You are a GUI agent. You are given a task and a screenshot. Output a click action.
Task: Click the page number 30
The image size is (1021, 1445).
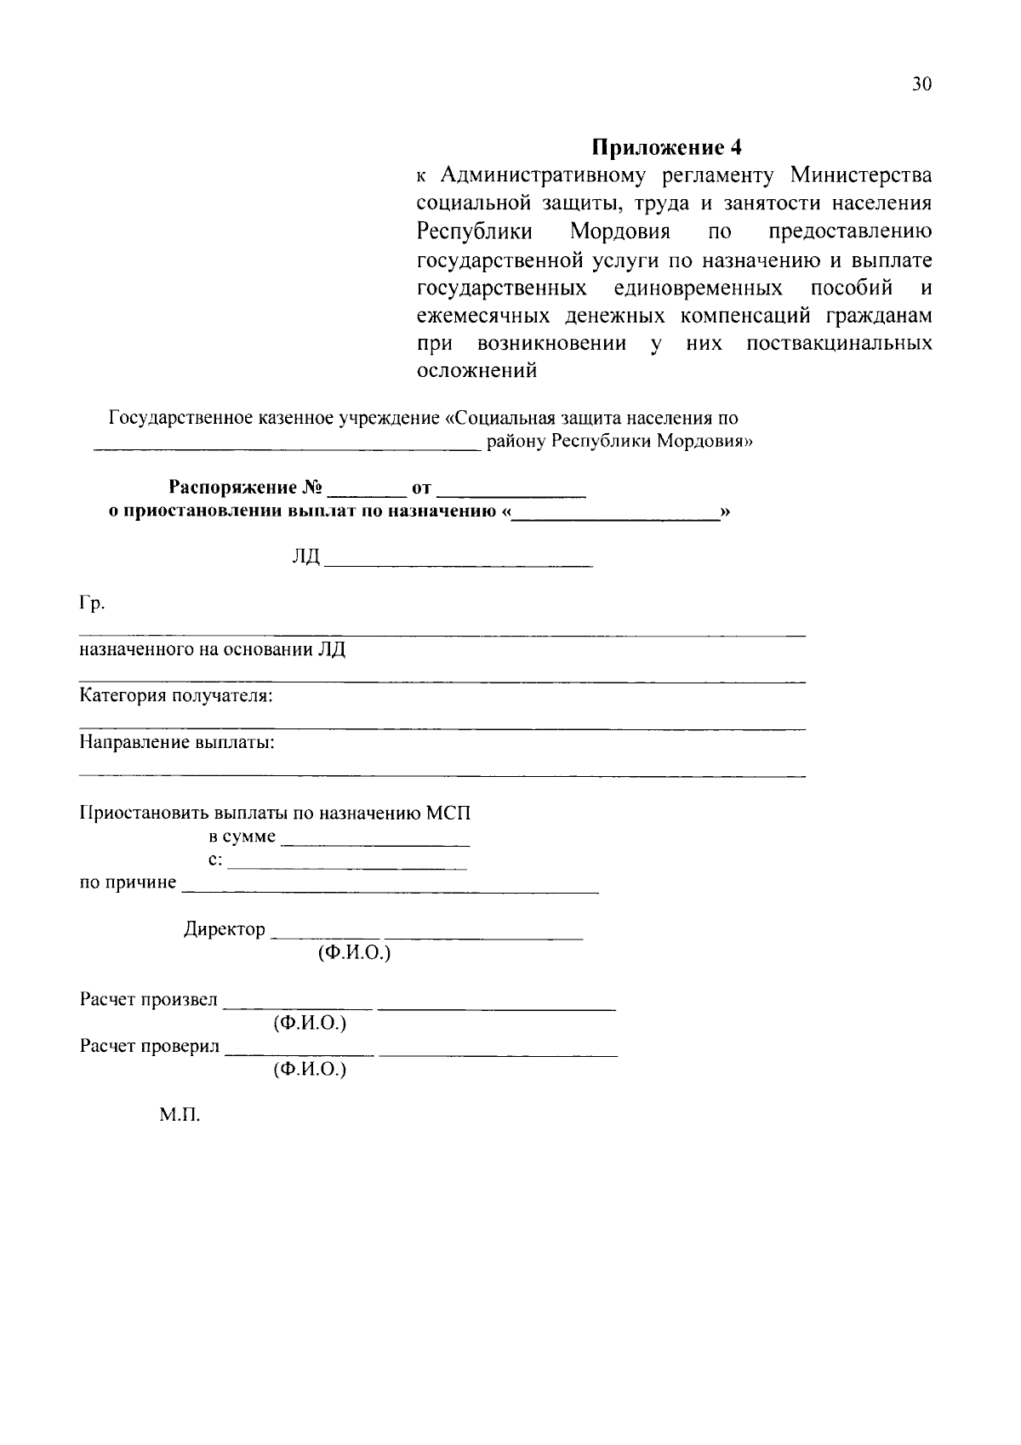pyautogui.click(x=921, y=84)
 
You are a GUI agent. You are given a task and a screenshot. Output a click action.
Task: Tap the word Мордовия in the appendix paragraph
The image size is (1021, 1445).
pyautogui.click(x=620, y=231)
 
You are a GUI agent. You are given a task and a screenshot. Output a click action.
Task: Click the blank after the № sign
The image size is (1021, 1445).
pyautogui.click(x=367, y=491)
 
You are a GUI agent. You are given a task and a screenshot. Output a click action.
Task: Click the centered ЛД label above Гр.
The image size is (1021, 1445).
pyautogui.click(x=305, y=557)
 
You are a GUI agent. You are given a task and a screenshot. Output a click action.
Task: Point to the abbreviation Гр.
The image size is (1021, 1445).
pyautogui.click(x=92, y=604)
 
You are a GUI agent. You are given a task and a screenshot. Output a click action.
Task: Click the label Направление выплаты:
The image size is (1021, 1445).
pyautogui.click(x=177, y=742)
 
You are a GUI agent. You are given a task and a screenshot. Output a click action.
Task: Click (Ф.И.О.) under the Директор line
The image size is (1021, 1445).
pyautogui.click(x=354, y=953)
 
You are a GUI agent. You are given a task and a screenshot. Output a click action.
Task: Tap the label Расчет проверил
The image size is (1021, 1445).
pyautogui.click(x=150, y=1046)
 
